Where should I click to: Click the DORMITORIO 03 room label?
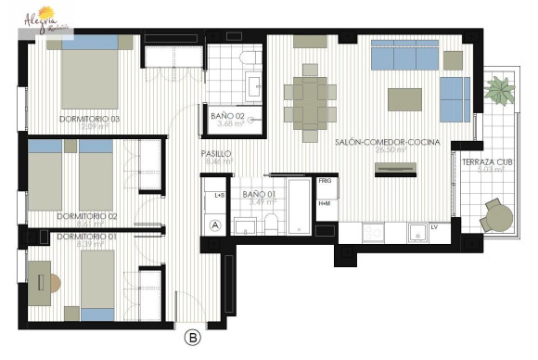(90, 119)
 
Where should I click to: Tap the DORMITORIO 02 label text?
(85, 215)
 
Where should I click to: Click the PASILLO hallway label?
(216, 153)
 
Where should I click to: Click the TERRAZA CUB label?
(487, 162)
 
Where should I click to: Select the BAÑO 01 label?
(259, 195)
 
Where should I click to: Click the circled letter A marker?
(215, 225)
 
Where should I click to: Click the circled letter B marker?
(193, 338)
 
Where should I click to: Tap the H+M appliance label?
(325, 203)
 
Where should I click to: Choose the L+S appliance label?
(220, 196)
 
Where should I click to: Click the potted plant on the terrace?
(501, 91)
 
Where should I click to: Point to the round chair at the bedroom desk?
(54, 280)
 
